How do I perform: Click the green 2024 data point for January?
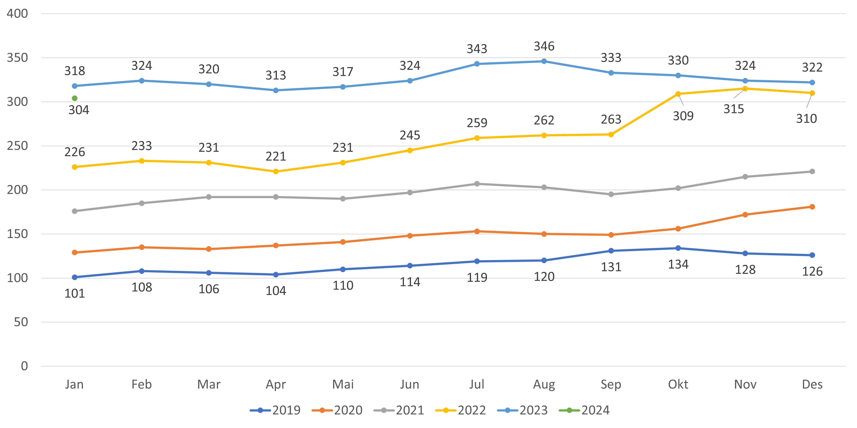75,98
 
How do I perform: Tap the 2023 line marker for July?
477,64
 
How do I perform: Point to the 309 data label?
683,116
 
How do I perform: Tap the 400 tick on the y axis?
17,14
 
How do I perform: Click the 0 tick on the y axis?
24,366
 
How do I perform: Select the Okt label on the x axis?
678,385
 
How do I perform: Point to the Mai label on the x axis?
343,385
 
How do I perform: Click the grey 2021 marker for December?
812,172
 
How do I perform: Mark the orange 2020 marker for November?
745,215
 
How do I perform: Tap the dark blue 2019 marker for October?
678,248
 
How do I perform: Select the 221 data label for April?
276,157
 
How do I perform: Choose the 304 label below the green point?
79,110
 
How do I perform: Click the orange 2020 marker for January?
75,253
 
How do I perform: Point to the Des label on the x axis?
812,385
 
